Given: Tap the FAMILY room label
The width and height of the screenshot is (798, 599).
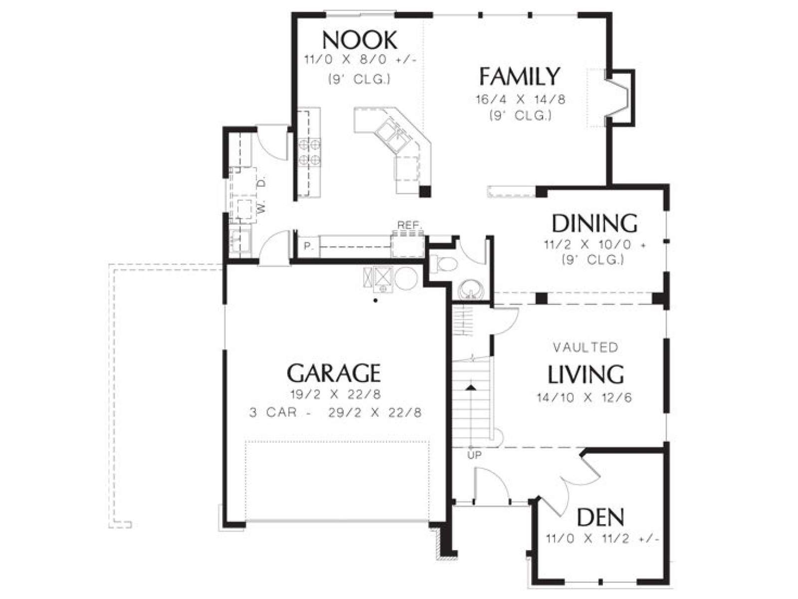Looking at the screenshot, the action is click(x=519, y=76).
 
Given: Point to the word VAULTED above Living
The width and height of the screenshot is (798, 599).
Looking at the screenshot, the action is click(x=586, y=347).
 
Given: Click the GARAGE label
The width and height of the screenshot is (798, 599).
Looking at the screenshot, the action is click(x=334, y=373).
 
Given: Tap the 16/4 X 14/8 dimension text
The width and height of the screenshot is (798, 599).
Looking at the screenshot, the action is click(x=521, y=99).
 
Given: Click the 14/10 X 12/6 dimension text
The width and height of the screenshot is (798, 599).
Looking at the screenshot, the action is click(x=584, y=397).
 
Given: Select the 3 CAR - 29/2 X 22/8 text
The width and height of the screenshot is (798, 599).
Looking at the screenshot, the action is click(x=336, y=413).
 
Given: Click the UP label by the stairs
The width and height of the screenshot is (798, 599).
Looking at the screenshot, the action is click(x=474, y=455).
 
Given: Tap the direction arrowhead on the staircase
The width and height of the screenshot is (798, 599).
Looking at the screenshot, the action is click(x=471, y=388).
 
